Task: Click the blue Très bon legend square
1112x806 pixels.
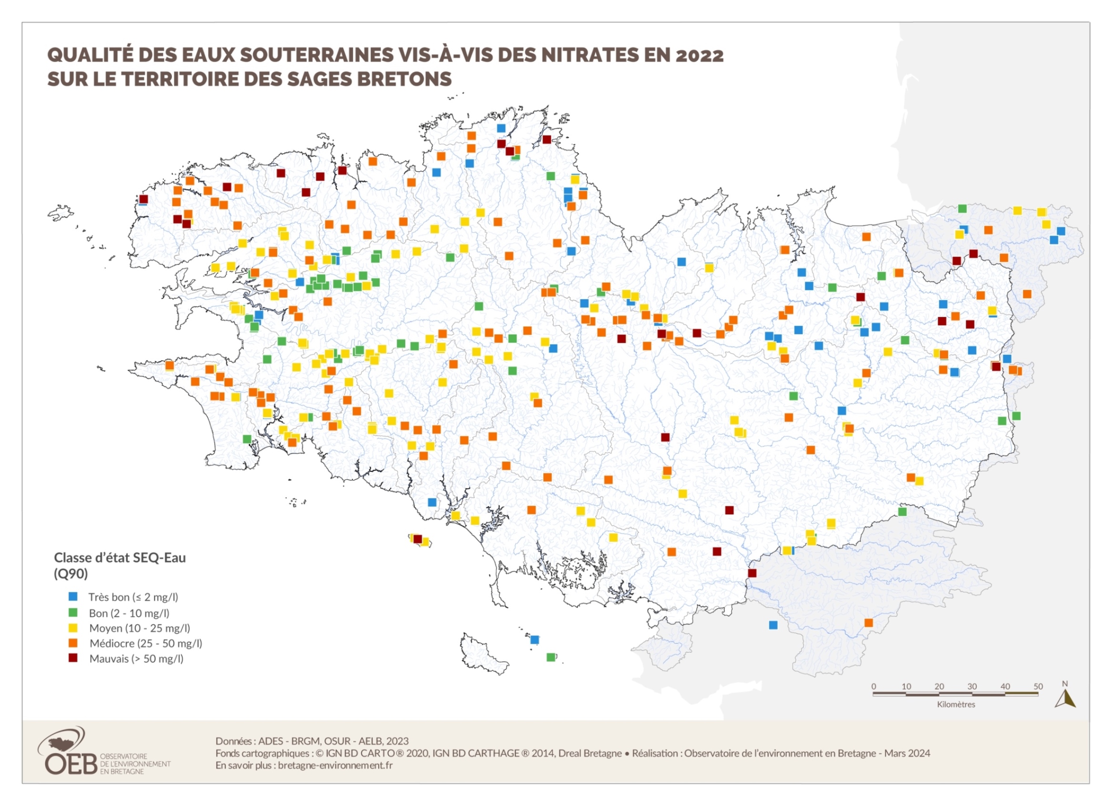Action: pos(73,596)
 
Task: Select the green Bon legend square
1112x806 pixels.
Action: pos(73,612)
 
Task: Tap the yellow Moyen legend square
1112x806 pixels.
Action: pos(73,627)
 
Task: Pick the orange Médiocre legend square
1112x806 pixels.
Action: pos(73,642)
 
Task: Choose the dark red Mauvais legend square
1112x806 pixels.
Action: pos(73,658)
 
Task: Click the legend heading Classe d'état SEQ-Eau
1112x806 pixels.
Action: pos(120,558)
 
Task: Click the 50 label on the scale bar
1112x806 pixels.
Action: pos(1038,687)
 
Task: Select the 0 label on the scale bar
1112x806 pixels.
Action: pos(873,687)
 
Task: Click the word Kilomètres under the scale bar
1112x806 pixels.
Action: pos(956,705)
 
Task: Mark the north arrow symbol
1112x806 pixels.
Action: pos(1065,698)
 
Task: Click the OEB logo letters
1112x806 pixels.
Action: pos(70,764)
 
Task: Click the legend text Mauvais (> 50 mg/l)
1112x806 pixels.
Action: pos(136,659)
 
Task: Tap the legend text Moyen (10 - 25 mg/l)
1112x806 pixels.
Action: pos(139,628)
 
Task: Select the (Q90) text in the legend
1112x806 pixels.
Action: pos(70,574)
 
